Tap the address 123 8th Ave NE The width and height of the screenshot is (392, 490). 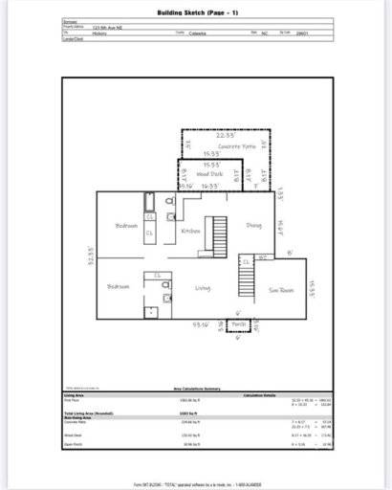click(109, 29)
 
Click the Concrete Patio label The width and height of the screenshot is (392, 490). click(235, 145)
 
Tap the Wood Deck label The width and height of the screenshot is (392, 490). click(209, 175)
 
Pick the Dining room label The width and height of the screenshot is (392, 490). click(253, 226)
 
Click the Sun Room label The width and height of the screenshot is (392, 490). click(281, 288)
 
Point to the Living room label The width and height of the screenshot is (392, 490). click(202, 287)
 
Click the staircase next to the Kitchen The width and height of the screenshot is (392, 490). click(220, 235)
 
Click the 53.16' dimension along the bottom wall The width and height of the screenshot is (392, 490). click(201, 323)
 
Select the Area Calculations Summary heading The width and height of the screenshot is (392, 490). click(197, 389)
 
